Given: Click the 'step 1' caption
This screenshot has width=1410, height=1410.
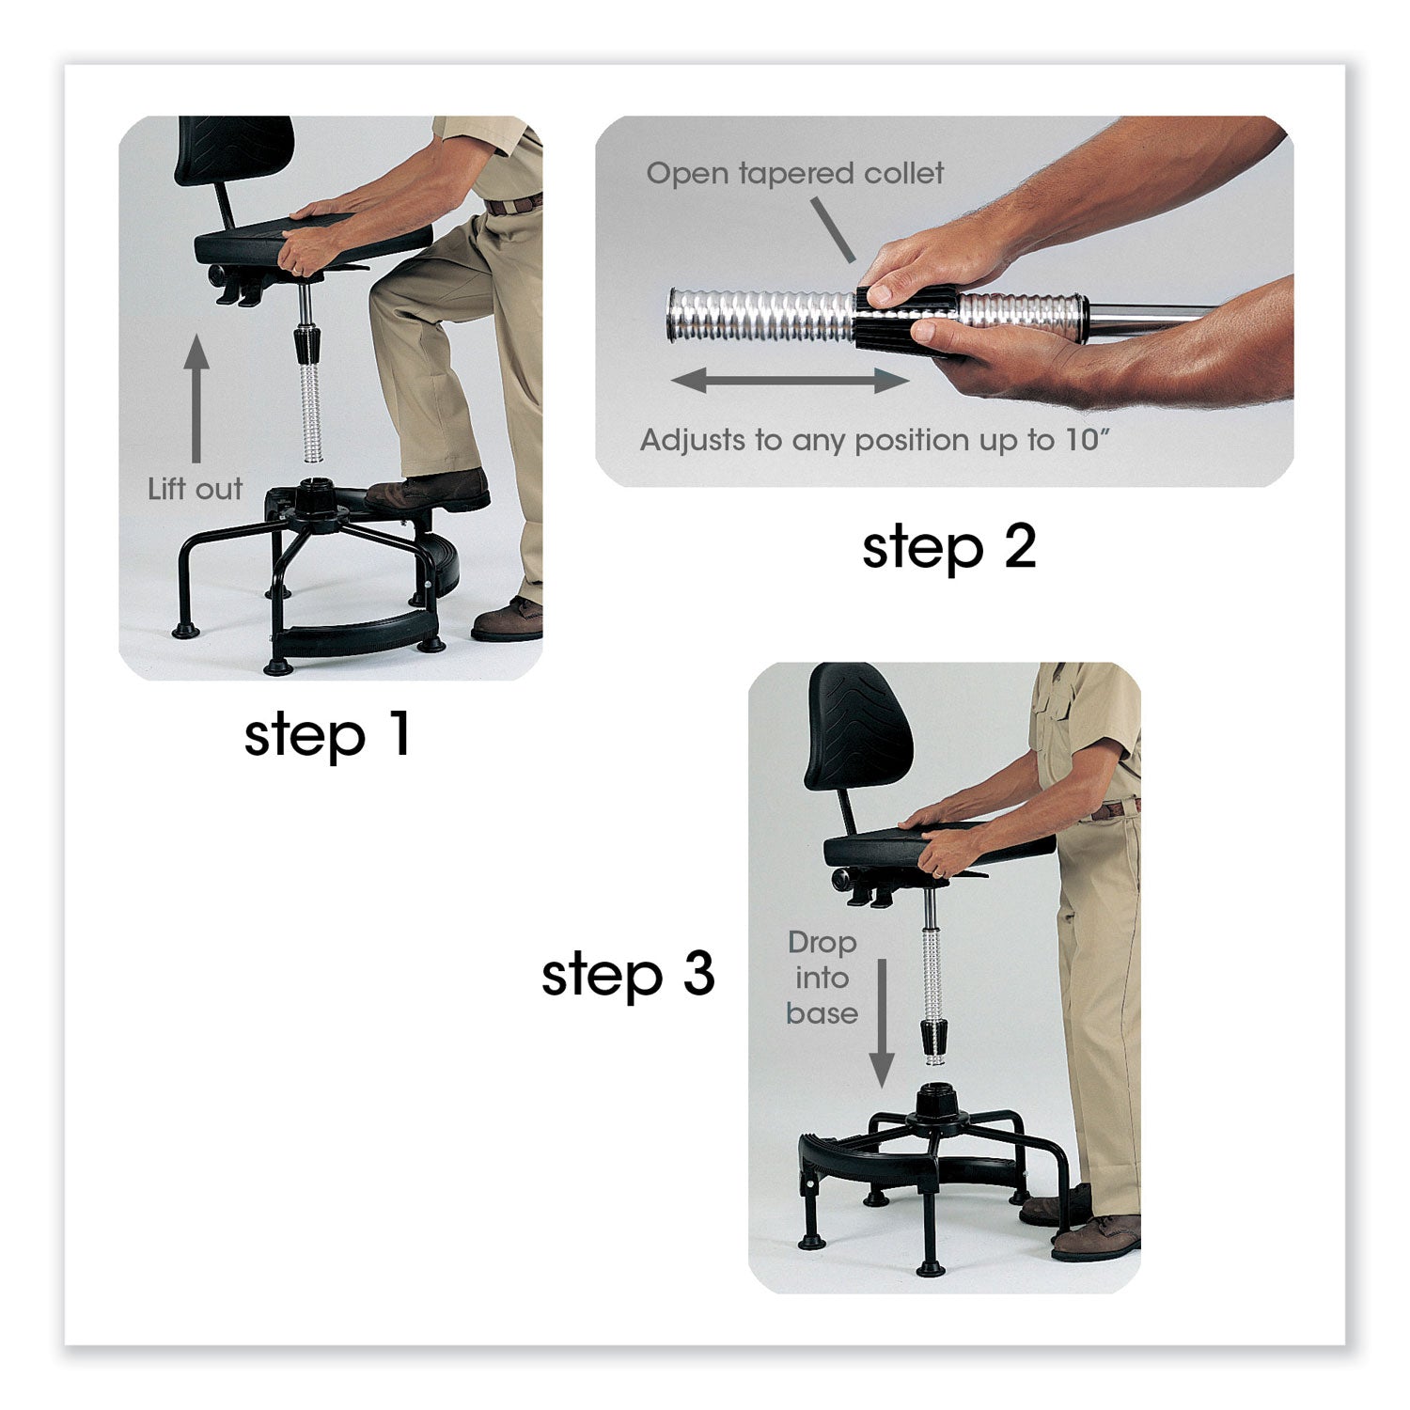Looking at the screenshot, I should pyautogui.click(x=327, y=735).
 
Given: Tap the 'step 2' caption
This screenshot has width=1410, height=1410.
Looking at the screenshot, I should pyautogui.click(x=949, y=547).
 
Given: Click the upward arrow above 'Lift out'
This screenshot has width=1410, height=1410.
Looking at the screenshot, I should pyautogui.click(x=196, y=399).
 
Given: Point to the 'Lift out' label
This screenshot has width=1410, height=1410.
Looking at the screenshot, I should pyautogui.click(x=195, y=489).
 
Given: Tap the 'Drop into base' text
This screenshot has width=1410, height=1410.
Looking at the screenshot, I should pyautogui.click(x=822, y=978).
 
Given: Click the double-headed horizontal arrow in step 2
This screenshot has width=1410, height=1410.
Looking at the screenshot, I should pyautogui.click(x=790, y=381).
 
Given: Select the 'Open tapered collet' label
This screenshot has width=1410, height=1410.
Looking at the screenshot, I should pyautogui.click(x=794, y=173).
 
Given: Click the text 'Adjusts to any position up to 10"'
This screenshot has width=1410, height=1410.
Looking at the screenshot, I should pyautogui.click(x=874, y=440).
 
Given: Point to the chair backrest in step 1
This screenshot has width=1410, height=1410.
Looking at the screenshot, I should pyautogui.click(x=233, y=150).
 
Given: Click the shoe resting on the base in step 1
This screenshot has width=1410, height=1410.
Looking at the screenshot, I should pyautogui.click(x=428, y=492).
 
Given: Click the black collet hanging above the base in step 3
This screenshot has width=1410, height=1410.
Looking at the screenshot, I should pyautogui.click(x=933, y=1038).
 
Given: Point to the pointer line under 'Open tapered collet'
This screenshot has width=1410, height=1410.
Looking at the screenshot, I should pyautogui.click(x=832, y=228).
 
